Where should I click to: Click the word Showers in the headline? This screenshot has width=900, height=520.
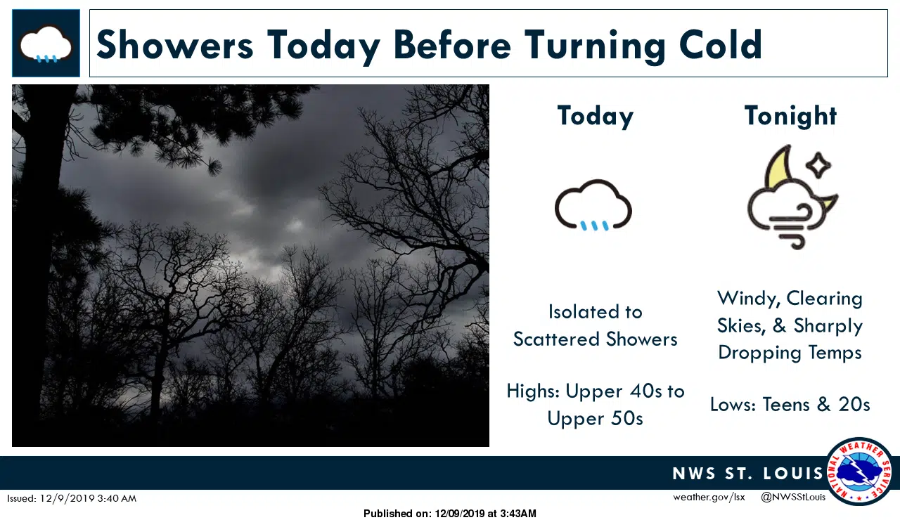175,44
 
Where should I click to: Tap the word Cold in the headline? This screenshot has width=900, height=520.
721,44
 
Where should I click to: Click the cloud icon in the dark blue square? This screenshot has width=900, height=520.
46,44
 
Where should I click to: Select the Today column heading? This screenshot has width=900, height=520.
595,117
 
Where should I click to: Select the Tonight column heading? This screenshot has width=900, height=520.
790,116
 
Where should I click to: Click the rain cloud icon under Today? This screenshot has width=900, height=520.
593,206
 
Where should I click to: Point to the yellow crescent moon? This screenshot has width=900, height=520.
778,168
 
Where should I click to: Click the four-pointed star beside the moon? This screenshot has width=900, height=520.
818,165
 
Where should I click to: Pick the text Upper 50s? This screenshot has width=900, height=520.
595,418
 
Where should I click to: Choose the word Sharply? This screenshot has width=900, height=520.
828,326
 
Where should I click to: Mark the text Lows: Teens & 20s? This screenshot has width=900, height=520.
790,404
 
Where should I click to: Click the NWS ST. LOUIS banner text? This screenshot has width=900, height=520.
748,474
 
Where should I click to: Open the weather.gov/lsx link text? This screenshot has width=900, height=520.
709,497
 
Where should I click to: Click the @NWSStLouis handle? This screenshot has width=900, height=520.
793,497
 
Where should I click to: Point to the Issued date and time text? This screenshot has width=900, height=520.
72,498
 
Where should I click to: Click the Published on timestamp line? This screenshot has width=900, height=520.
449,514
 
